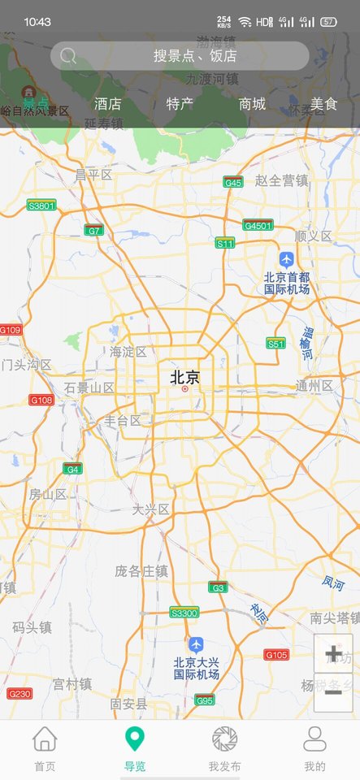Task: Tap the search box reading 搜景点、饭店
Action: coord(180,56)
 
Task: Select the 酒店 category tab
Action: coord(107,104)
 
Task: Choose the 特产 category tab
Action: coord(180,104)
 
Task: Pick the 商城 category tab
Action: coord(252,104)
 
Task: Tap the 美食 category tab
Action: coord(323,104)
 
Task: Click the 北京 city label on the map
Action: coord(184,377)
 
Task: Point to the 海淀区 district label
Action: coord(128,352)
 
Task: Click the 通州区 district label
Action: coord(314,385)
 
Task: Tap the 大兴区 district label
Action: coord(151,509)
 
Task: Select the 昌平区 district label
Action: coord(93,175)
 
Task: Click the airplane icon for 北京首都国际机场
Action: coord(286,258)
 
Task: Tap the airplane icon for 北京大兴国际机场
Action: coord(195,644)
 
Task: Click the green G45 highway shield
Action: coord(233,183)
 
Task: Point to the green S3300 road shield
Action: coord(184,613)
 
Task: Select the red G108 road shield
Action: coord(41,400)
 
